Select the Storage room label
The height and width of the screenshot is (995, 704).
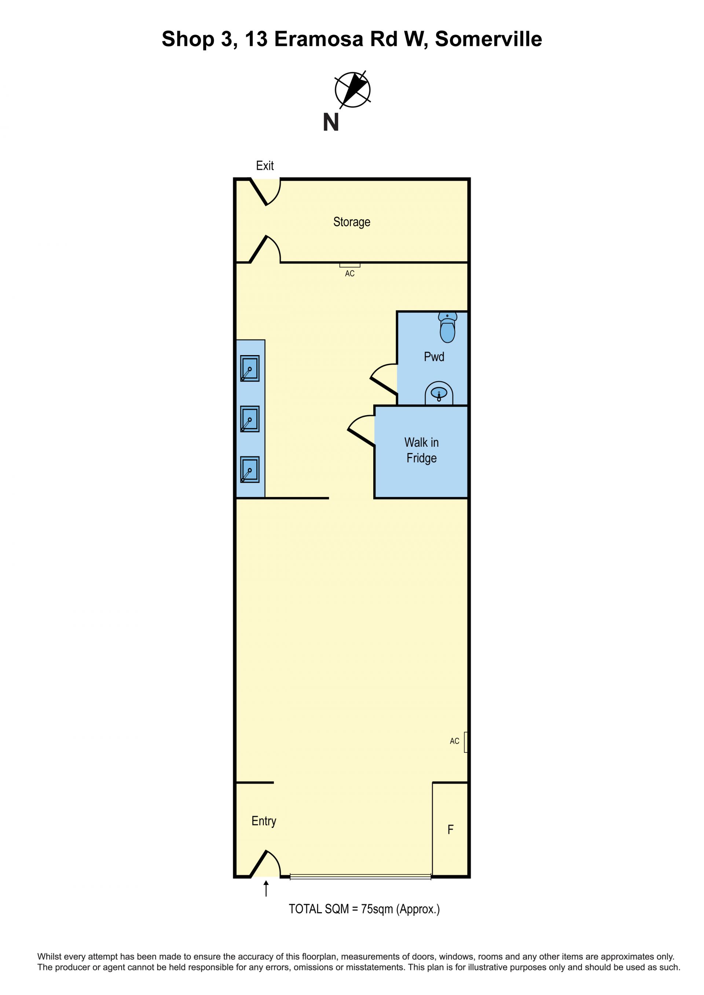point(352,222)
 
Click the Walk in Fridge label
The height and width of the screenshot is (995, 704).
point(421,450)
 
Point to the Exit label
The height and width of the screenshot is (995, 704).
point(265,166)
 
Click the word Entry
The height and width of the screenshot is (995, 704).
point(264,821)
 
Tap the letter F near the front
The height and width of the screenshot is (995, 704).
point(450,829)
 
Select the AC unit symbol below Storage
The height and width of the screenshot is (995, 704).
point(350,265)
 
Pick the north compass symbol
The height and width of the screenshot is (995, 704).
point(353,90)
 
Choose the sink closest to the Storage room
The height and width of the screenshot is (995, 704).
point(250,368)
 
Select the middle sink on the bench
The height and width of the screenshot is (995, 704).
point(250,419)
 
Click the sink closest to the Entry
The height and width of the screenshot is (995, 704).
point(250,470)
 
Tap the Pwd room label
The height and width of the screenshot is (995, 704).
point(434,357)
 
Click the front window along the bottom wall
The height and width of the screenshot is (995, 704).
point(361,877)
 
